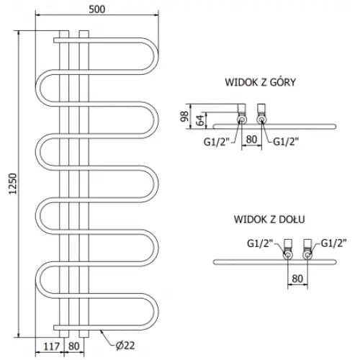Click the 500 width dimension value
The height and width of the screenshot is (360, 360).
click(x=97, y=9)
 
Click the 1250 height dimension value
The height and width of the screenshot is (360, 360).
click(x=13, y=184)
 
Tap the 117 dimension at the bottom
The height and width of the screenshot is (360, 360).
click(x=52, y=346)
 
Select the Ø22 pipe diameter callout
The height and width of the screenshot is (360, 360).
click(x=125, y=346)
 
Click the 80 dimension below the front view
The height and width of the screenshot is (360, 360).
click(x=73, y=346)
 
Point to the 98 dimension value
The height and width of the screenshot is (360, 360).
click(x=184, y=117)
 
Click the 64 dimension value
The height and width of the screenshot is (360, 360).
click(x=200, y=120)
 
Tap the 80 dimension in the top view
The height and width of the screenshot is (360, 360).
click(x=251, y=140)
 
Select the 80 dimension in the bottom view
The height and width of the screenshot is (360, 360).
click(x=297, y=279)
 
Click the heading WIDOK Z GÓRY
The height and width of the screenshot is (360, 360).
click(x=260, y=82)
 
